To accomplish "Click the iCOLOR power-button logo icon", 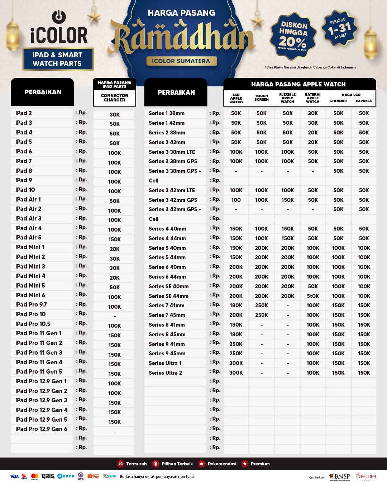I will (x=59, y=17).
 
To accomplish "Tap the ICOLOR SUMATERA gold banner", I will (x=181, y=61).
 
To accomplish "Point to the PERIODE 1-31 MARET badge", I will (x=339, y=29).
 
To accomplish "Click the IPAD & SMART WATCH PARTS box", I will (x=58, y=59).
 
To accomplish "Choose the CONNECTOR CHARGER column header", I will (x=114, y=98).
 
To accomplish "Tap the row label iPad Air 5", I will (x=28, y=237).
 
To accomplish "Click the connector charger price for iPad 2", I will (x=115, y=115).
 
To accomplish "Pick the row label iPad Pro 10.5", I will (x=33, y=324).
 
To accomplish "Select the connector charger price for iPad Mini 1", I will (x=115, y=249).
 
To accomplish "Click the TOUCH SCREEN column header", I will (x=262, y=98).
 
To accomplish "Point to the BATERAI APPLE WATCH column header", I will (x=313, y=98).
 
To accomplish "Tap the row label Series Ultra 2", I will (x=165, y=373).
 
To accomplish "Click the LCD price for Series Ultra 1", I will (x=236, y=363).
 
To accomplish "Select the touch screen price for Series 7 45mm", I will (x=262, y=315).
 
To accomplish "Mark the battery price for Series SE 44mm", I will (x=313, y=296).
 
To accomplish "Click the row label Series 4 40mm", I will (x=167, y=229).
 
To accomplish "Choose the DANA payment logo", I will (x=66, y=476).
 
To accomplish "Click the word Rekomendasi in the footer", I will (x=222, y=464).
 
